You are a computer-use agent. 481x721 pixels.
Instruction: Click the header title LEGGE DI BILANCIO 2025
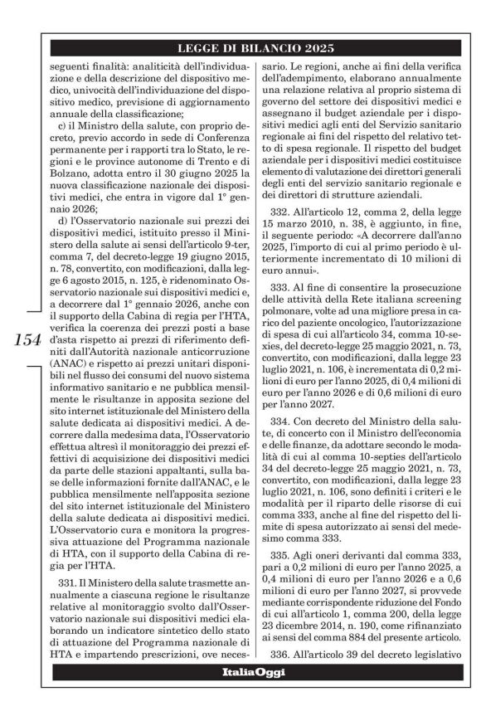258,47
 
